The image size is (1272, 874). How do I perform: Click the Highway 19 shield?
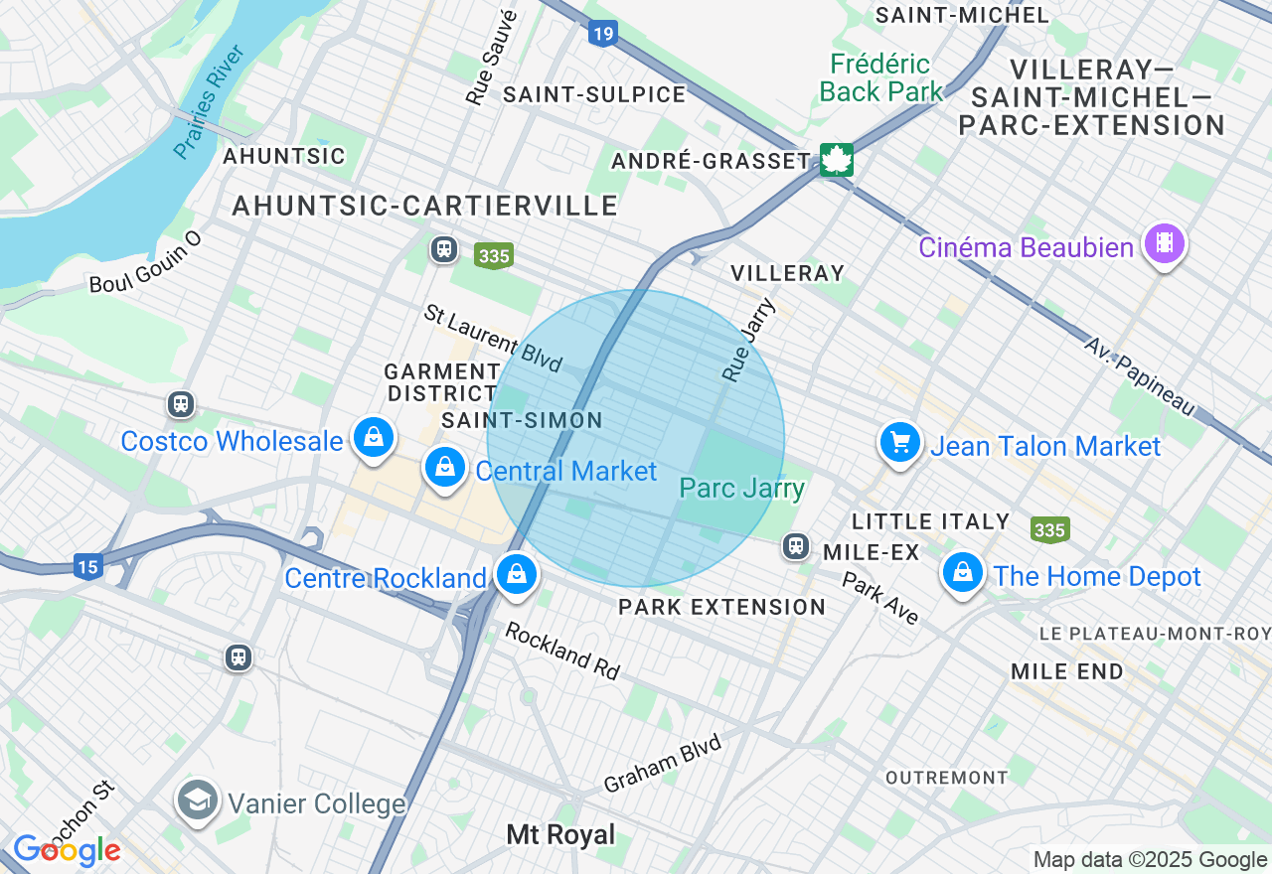tap(602, 34)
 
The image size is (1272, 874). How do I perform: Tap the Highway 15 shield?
tap(87, 567)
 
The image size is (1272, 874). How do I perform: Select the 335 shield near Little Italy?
tap(1049, 530)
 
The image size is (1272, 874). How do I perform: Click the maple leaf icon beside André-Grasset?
tap(836, 159)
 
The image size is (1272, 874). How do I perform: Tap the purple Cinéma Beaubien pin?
tap(1164, 242)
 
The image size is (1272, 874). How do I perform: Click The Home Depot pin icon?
tap(962, 572)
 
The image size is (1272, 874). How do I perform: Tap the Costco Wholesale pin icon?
tap(374, 437)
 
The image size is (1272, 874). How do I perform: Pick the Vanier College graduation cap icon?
tap(198, 800)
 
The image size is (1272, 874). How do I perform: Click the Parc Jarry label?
tap(741, 488)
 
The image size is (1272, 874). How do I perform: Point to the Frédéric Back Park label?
tap(881, 78)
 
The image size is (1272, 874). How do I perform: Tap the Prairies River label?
tap(210, 101)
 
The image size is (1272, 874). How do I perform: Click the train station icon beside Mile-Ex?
tap(795, 546)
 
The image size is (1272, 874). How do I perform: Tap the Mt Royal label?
tap(560, 834)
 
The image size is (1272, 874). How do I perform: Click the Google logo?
tap(67, 850)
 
